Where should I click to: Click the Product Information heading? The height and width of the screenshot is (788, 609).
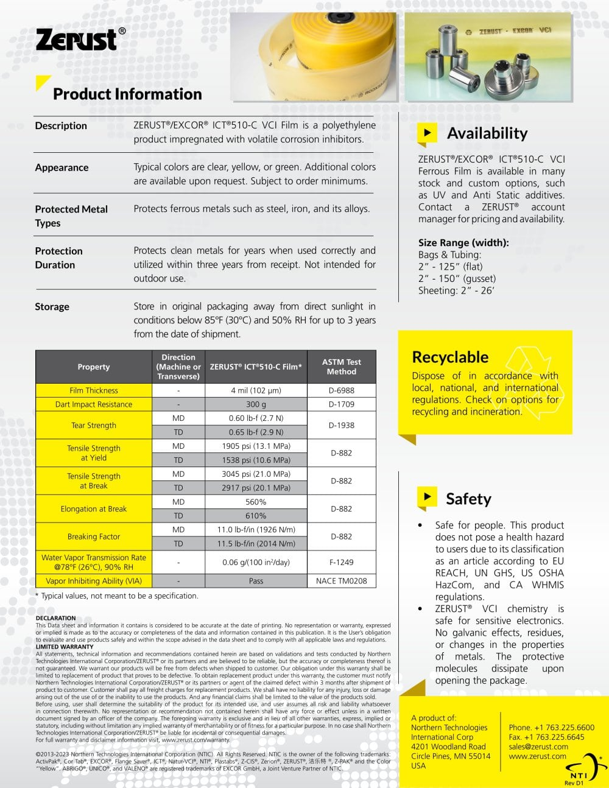[127, 94]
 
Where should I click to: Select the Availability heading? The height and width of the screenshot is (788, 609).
[487, 133]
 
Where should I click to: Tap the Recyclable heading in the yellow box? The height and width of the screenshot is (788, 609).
[450, 357]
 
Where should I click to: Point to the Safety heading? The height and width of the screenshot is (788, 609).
[468, 499]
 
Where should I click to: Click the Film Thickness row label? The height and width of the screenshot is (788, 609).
[94, 390]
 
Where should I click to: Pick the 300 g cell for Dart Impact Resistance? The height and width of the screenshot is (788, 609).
[256, 404]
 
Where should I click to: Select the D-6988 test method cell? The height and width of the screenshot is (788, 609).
[341, 390]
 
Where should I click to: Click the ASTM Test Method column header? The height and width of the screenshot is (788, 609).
[341, 367]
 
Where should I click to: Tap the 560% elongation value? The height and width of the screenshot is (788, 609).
[256, 502]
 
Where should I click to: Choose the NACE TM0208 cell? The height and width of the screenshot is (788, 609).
[341, 581]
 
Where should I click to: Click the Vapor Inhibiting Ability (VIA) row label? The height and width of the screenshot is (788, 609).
[94, 581]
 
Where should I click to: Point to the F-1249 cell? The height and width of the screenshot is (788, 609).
[341, 562]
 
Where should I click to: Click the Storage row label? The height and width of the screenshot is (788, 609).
[52, 306]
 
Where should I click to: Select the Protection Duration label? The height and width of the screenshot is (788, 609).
[58, 258]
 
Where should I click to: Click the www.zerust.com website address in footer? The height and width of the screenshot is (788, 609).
[537, 756]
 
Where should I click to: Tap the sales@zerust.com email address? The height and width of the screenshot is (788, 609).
[538, 747]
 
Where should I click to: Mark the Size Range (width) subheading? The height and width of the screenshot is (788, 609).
[463, 242]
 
